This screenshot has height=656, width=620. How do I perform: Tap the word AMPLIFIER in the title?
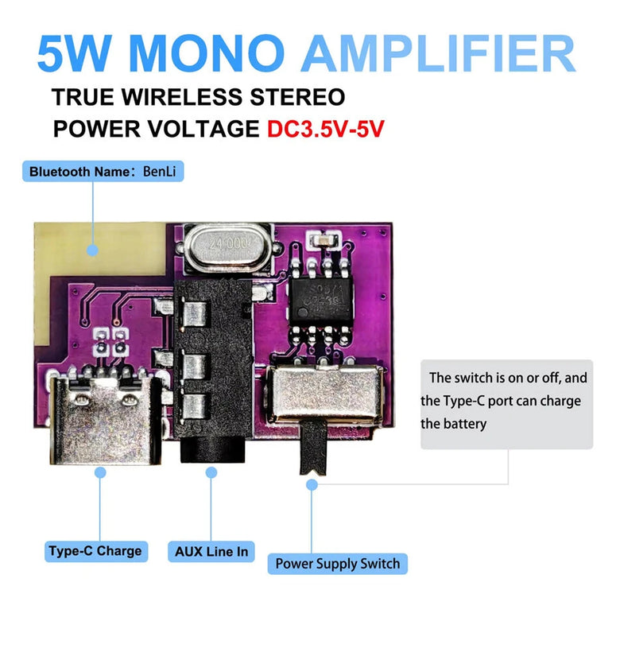pos(438,53)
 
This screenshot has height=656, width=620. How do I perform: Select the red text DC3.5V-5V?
pos(326,130)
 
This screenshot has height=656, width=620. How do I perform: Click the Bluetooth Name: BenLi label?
pos(103,171)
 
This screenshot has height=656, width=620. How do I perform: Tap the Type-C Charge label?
pos(95,550)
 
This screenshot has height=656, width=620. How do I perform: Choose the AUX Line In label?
pos(211,551)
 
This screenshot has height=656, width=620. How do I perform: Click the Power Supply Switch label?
pos(337,564)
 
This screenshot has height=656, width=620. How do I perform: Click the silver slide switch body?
pos(324,394)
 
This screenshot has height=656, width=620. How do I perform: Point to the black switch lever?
pos(311,448)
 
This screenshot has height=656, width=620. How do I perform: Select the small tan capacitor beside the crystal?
pos(324,239)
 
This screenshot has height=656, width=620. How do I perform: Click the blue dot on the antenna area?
pos(93,250)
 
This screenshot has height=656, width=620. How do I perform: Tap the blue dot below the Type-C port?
pos(100,472)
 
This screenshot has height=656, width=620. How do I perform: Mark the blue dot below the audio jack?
pos(211,472)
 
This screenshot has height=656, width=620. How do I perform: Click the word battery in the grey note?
pos(465,424)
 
